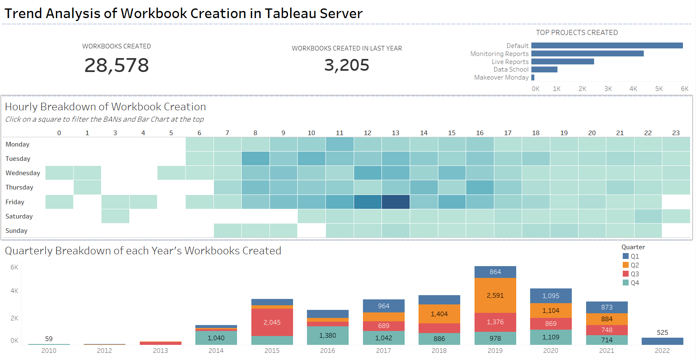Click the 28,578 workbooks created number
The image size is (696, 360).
(x=117, y=65)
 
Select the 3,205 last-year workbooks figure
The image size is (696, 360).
(x=347, y=65)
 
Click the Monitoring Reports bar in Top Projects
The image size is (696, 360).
(x=587, y=53)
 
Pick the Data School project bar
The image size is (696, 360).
(x=544, y=69)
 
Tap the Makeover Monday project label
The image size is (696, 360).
(x=501, y=77)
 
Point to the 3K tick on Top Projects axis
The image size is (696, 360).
(x=608, y=89)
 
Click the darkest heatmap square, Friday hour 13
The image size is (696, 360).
(x=395, y=202)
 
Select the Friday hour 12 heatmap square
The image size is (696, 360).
(x=368, y=202)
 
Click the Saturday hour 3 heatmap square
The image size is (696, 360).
(x=115, y=216)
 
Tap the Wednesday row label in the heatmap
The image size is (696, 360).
(x=23, y=173)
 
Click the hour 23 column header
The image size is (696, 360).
(x=676, y=133)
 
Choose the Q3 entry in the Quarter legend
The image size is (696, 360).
(x=635, y=274)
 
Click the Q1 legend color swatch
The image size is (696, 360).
(x=626, y=256)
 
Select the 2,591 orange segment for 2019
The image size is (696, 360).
(x=495, y=295)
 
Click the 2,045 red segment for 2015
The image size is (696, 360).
(x=272, y=322)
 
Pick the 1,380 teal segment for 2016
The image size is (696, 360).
(x=328, y=336)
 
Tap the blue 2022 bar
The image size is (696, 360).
(x=662, y=341)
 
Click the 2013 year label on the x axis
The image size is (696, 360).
(x=160, y=351)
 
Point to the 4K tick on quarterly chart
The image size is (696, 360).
(x=14, y=291)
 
